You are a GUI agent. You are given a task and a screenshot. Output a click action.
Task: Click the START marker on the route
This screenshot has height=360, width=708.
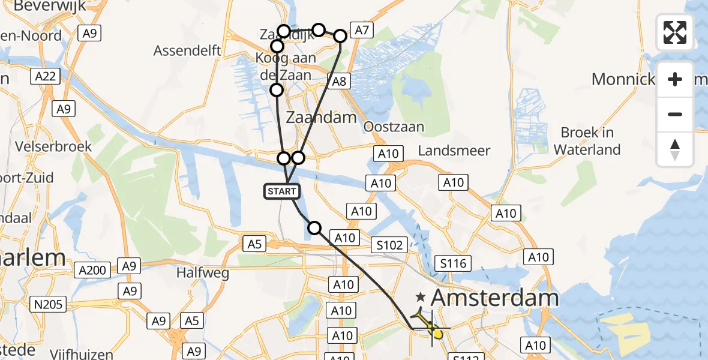coord(281,191)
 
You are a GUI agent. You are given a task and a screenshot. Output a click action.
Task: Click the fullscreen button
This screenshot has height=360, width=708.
coord(675,32)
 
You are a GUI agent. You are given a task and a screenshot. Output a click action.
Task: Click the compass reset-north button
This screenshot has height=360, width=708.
coord(675,149)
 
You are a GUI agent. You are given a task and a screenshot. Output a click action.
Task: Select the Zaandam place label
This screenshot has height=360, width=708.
coord(322,117)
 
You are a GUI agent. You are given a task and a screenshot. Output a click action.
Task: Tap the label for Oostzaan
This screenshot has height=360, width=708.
coord(394,127)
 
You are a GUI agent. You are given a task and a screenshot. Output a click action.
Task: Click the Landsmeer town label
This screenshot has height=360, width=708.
coord(454,151)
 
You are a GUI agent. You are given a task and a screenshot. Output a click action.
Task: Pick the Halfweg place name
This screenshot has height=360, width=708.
coord(203,274)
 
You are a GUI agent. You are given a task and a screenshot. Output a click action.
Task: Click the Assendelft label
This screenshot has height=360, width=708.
coord(187,50)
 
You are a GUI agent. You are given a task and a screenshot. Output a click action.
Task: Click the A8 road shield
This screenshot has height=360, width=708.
coord(339,81)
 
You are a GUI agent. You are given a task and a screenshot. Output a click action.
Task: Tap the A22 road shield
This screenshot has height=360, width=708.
coord(44,76)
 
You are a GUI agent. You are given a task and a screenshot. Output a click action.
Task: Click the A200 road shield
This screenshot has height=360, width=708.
coord(93,271)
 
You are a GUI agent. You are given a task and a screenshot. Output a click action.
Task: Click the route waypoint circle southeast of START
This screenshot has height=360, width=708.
coord(314,227)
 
